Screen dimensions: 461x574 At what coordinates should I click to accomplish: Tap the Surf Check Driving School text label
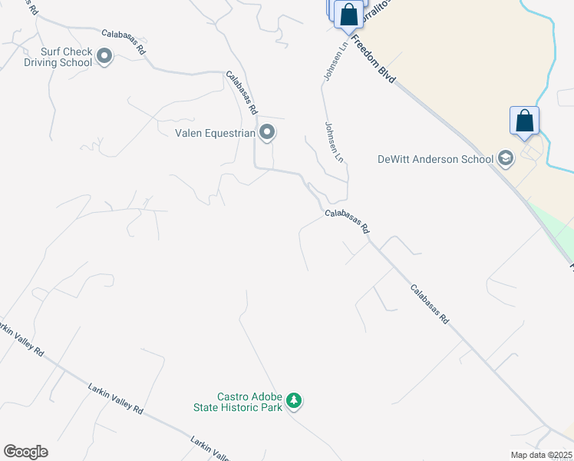coord(56,57)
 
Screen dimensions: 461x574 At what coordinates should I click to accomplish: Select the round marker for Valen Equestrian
coord(267,133)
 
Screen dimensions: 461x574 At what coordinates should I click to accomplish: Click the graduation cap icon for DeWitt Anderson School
coord(506,159)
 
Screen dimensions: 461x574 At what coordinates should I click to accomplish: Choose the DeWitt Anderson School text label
coord(435,160)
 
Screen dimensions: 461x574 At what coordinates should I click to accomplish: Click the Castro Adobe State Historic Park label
coord(239,402)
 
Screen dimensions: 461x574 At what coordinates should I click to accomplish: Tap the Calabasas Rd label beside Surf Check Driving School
coord(124,41)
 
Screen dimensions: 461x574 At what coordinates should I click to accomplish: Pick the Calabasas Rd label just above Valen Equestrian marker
coord(242,92)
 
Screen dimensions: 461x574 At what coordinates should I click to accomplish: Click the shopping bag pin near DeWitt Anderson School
coord(525,121)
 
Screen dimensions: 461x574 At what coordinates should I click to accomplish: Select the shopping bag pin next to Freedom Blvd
coord(348,15)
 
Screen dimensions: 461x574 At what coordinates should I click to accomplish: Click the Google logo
coord(25,452)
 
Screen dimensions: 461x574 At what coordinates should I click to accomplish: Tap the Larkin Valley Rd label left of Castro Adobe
coord(115,399)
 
